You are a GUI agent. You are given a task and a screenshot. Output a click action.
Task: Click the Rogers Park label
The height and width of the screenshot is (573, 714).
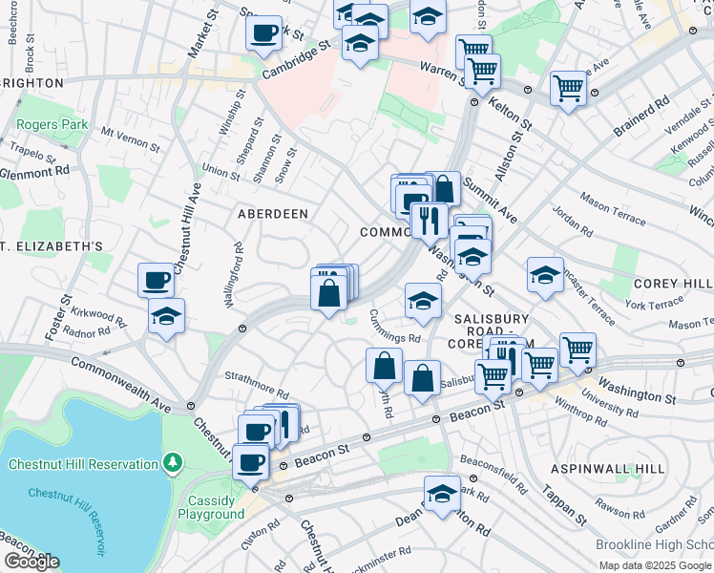52,125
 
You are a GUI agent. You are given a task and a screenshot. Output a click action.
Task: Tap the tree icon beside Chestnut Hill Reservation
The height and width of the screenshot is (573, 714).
172,464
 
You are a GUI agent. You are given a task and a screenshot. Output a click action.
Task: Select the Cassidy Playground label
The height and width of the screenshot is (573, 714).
211,507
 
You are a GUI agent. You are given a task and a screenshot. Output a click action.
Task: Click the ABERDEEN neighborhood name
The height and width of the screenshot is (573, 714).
273,214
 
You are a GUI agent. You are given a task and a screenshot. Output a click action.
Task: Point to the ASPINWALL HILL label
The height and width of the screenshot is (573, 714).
607,470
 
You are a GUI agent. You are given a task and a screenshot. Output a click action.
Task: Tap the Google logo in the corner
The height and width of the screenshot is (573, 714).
31,562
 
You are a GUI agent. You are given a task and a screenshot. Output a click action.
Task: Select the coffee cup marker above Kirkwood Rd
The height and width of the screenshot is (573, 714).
157,280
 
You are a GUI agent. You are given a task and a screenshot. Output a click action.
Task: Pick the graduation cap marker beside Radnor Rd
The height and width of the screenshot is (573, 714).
166,316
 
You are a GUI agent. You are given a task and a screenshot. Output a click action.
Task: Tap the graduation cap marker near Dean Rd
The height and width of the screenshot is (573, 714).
442,495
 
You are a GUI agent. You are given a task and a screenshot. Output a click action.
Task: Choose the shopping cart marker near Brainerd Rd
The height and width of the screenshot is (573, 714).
568,88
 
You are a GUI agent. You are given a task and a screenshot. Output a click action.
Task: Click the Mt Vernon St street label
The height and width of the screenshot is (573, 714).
130,139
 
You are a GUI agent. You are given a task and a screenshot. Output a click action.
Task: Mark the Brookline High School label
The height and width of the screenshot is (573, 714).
655,544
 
